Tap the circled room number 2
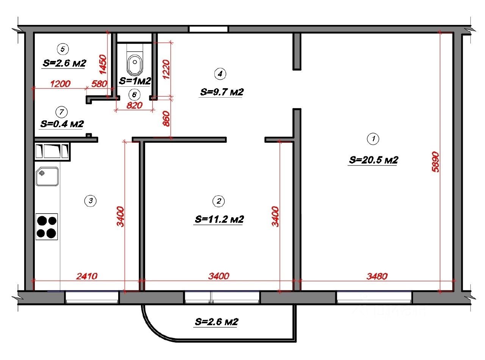pyautogui.click(x=219, y=201)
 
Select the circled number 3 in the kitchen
pyautogui.click(x=90, y=201)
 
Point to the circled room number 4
pyautogui.click(x=220, y=73)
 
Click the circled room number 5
pyautogui.click(x=63, y=49)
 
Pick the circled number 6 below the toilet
pyautogui.click(x=134, y=94)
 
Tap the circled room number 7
pyautogui.click(x=61, y=112)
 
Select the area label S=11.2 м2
pyautogui.click(x=219, y=219)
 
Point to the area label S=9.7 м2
pyautogui.click(x=222, y=92)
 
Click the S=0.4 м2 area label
pyautogui.click(x=62, y=124)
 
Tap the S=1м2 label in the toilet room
pyautogui.click(x=135, y=81)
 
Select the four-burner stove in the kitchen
pyautogui.click(x=47, y=227)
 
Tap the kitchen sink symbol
pyautogui.click(x=47, y=176)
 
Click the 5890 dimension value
pyautogui.click(x=435, y=162)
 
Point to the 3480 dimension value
pyautogui.click(x=377, y=276)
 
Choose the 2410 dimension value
pyautogui.click(x=87, y=276)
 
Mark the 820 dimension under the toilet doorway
pyautogui.click(x=134, y=105)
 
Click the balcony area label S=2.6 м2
pyautogui.click(x=216, y=322)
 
